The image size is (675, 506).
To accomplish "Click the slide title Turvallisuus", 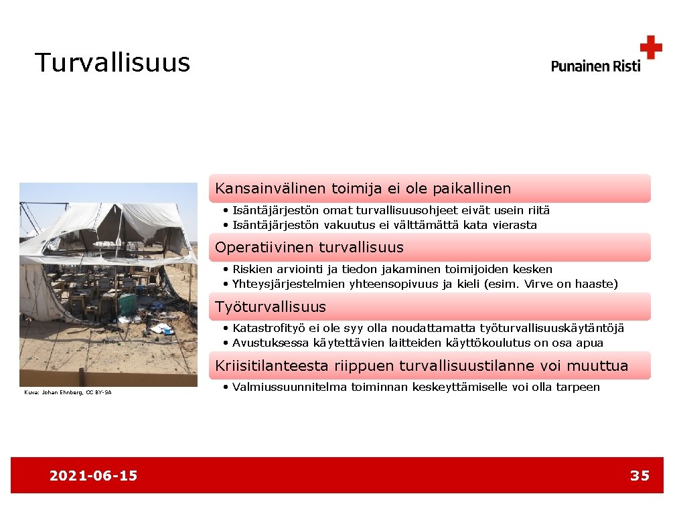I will pyautogui.click(x=112, y=63).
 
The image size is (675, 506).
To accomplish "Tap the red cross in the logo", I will pyautogui.click(x=650, y=48).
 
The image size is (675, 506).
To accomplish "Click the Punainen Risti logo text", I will pyautogui.click(x=595, y=66).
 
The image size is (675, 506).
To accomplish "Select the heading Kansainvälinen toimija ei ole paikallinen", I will pyautogui.click(x=363, y=189).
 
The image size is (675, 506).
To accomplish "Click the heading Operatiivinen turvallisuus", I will pyautogui.click(x=309, y=248).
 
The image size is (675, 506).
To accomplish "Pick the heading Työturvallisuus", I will pyautogui.click(x=271, y=307).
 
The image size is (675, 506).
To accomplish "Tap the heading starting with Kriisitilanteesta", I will pyautogui.click(x=422, y=366).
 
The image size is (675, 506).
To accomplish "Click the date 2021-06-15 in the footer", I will pyautogui.click(x=93, y=476).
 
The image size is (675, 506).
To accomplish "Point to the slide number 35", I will pyautogui.click(x=640, y=476).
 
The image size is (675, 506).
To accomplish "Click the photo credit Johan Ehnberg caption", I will pyautogui.click(x=68, y=392).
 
